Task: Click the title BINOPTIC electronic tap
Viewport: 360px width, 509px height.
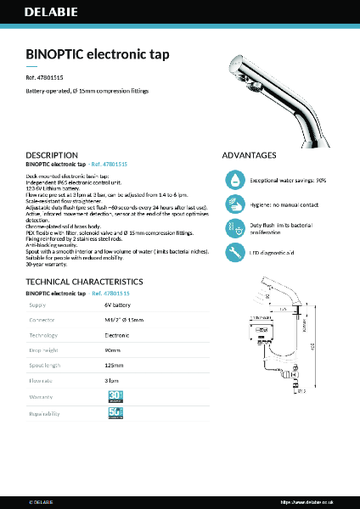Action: (x=98, y=54)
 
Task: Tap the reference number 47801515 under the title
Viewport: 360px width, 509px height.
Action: (x=44, y=77)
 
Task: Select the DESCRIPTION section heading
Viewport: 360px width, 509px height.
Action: (x=52, y=155)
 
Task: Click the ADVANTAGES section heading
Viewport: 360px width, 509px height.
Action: (x=249, y=155)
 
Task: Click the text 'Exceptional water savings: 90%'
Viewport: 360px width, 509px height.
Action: (x=289, y=181)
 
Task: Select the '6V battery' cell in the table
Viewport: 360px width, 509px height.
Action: (x=118, y=304)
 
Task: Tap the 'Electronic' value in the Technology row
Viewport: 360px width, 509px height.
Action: (x=118, y=335)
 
